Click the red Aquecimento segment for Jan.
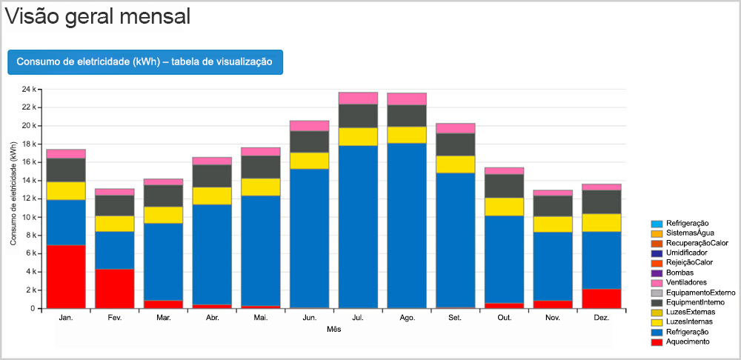(x=66, y=276)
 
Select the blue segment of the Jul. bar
(x=358, y=227)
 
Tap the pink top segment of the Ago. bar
(x=407, y=99)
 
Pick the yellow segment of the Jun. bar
(x=309, y=161)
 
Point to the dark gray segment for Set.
(x=455, y=144)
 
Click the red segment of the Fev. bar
(x=115, y=288)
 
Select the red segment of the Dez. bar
(x=602, y=299)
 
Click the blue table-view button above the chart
(x=144, y=62)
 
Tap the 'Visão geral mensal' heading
(x=97, y=16)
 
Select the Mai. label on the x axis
(x=260, y=318)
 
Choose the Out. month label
(x=504, y=318)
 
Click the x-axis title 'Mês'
(x=333, y=329)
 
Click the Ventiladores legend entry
(x=685, y=282)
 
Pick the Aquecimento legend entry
(x=687, y=341)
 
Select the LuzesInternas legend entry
(x=689, y=321)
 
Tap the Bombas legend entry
(x=679, y=273)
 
